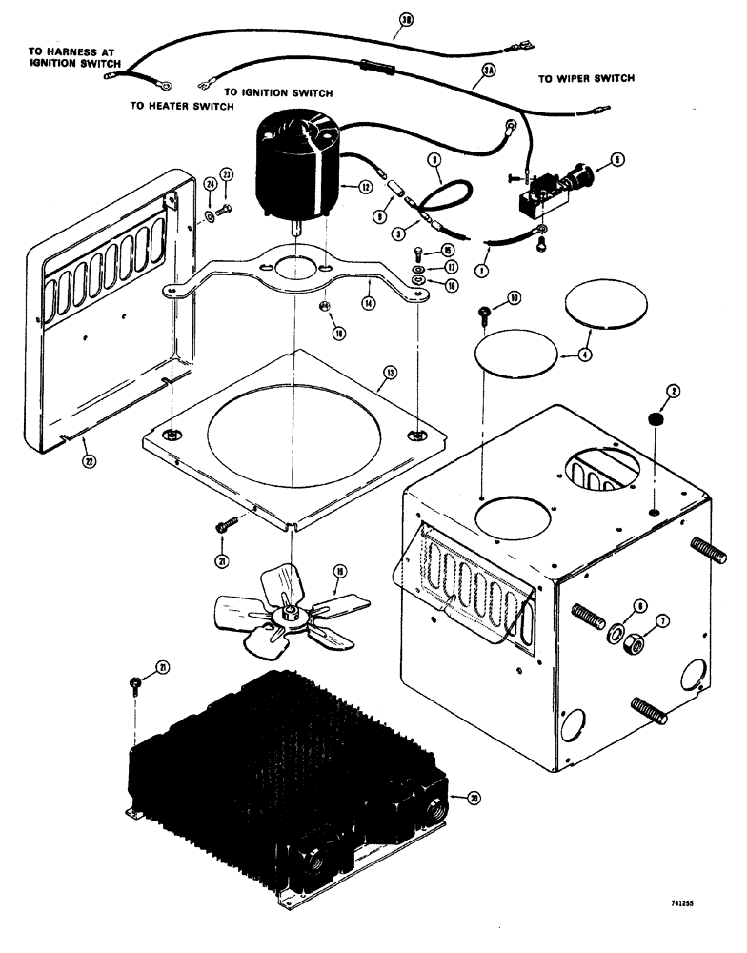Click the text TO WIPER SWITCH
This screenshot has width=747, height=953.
pyautogui.click(x=586, y=78)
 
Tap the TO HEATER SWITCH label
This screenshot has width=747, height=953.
pyautogui.click(x=181, y=107)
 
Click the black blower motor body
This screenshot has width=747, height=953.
pyautogui.click(x=293, y=172)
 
